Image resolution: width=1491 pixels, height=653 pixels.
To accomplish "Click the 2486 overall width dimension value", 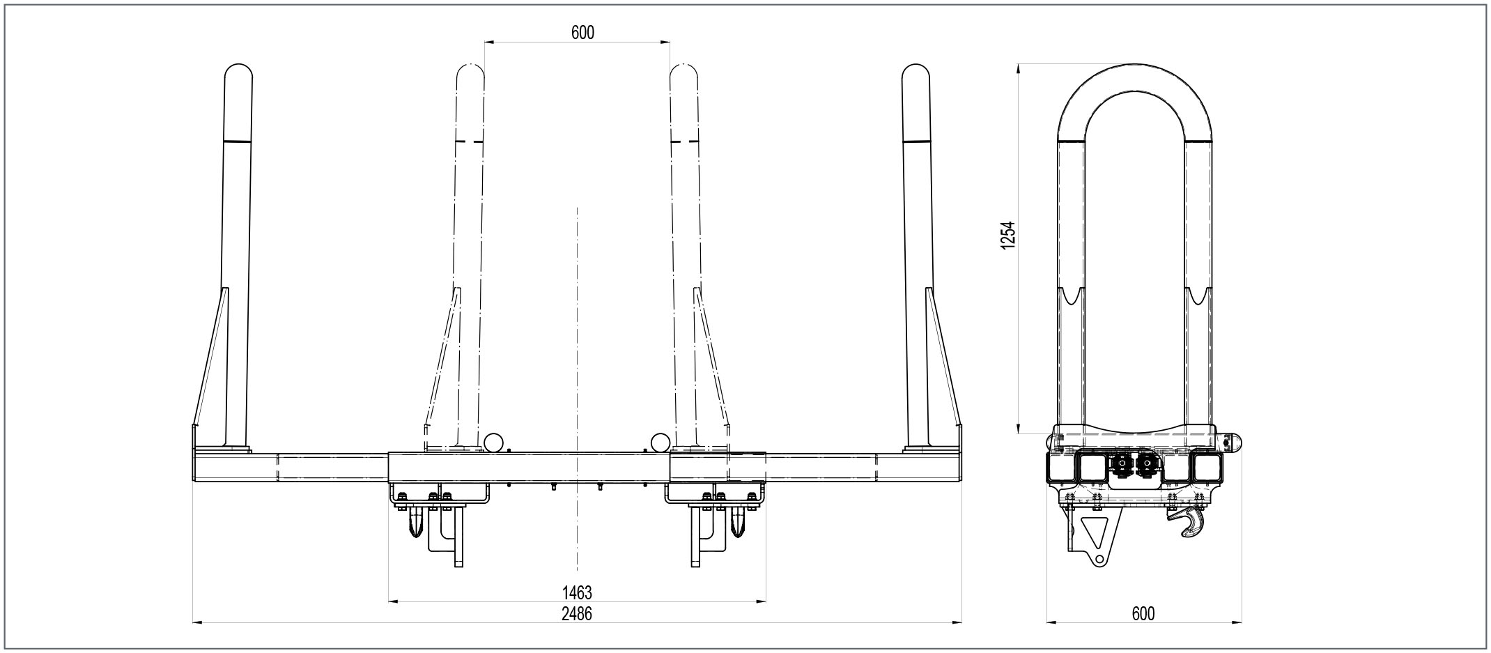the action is [x=577, y=613].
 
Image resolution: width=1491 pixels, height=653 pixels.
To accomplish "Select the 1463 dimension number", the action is [x=577, y=592].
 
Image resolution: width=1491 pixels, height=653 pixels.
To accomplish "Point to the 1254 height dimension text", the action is [x=1007, y=236].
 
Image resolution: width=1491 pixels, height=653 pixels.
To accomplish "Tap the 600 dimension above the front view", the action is [x=582, y=32].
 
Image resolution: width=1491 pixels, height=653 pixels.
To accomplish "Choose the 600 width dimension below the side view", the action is [x=1143, y=613].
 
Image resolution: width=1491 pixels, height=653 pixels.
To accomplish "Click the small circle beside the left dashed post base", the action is [x=494, y=441].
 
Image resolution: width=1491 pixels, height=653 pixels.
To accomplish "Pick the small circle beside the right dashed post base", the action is [x=660, y=441].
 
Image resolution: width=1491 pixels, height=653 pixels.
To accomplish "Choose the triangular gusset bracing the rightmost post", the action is [x=943, y=362].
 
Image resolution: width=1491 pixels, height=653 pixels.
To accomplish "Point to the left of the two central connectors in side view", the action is [x=1121, y=466].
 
